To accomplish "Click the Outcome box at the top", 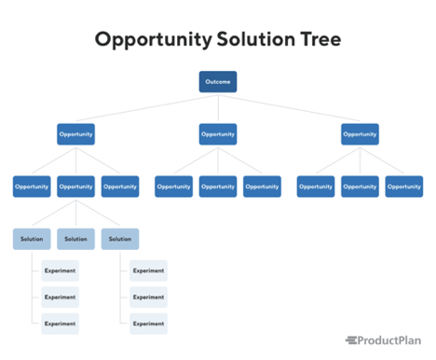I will click(x=217, y=82).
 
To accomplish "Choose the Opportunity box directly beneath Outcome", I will click(x=217, y=134).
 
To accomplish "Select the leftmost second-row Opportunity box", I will click(x=75, y=134).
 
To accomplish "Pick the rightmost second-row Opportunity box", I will click(x=360, y=134).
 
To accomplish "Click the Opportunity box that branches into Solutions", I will click(x=75, y=187).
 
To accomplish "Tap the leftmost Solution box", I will click(x=32, y=239).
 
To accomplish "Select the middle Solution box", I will click(x=75, y=239).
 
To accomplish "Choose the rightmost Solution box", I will click(x=120, y=239).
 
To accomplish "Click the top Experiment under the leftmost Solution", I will click(x=60, y=271).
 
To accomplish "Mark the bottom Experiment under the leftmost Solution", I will click(x=60, y=324).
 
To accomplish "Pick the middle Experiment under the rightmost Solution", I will click(x=148, y=298).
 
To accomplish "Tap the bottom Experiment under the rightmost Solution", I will click(x=148, y=324).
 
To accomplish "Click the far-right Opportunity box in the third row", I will click(x=403, y=187).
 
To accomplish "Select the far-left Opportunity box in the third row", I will click(x=32, y=187).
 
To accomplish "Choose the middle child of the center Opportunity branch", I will click(x=217, y=187).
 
